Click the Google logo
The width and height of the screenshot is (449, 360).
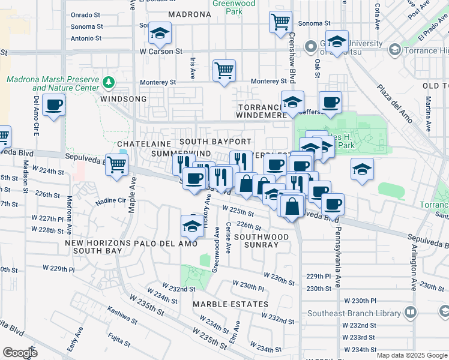tap(20, 353)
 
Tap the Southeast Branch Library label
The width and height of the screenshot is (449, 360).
tap(354, 313)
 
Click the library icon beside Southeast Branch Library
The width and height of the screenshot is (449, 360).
tap(410, 312)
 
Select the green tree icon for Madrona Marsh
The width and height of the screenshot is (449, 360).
tap(109, 82)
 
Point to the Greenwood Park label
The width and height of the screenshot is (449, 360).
tap(234, 7)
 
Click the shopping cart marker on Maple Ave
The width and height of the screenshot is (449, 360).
tap(116, 164)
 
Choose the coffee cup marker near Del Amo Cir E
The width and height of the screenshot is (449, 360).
tap(53, 105)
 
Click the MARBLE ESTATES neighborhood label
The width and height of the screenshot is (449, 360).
tap(231, 304)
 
